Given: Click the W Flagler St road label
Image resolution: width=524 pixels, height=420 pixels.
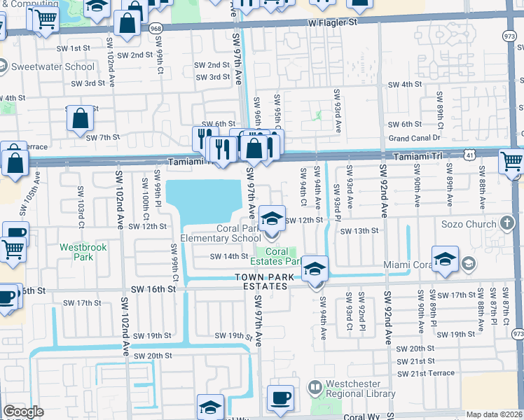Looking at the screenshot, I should click(333, 22).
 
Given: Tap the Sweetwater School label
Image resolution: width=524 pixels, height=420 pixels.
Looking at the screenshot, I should click(53, 67).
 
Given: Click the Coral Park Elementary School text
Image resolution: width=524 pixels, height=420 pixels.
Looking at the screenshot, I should click(220, 233).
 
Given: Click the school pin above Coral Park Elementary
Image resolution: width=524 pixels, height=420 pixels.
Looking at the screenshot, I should click(271, 218).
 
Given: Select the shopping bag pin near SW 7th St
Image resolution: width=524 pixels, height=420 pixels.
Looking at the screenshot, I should click(81, 119).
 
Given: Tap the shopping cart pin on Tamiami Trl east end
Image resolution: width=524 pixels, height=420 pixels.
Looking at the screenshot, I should click(512, 162).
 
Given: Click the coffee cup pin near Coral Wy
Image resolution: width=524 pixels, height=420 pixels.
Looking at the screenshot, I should click(281, 398).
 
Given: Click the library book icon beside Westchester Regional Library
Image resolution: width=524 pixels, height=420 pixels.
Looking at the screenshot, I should click(316, 386).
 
